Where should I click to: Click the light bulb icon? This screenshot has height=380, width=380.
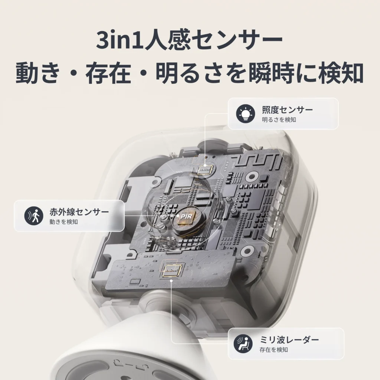tap(245, 114)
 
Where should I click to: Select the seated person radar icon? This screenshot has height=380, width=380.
tap(243, 344)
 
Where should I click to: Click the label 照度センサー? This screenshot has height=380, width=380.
tap(287, 110)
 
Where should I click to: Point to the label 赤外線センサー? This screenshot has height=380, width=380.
tap(79, 212)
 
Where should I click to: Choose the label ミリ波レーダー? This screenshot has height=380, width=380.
tap(289, 340)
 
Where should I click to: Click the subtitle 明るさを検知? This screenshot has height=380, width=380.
tap(279, 120)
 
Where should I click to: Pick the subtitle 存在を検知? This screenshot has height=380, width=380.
tap(273, 350)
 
